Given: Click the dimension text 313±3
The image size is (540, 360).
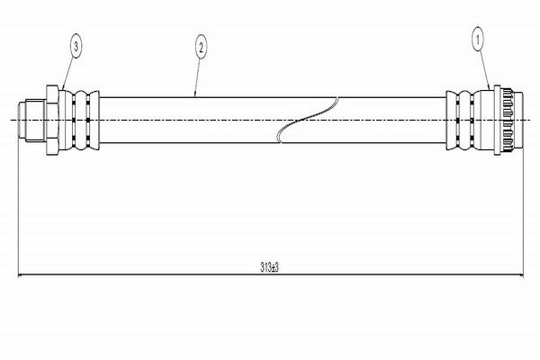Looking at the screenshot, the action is pyautogui.click(x=270, y=267).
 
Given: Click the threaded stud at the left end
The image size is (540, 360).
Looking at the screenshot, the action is pyautogui.click(x=30, y=119).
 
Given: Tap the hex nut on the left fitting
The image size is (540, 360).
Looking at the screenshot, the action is pyautogui.click(x=53, y=119).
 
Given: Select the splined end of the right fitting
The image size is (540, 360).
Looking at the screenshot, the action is pyautogui.click(x=511, y=119).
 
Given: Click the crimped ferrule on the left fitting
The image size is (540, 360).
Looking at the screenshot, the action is pyautogui.click(x=82, y=119).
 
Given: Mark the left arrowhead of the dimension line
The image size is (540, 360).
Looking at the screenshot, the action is pyautogui.click(x=22, y=276).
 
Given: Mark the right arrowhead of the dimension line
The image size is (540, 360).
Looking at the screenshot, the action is pyautogui.click(x=517, y=276).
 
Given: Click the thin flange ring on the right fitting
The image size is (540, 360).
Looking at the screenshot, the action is pyautogui.click(x=496, y=119).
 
